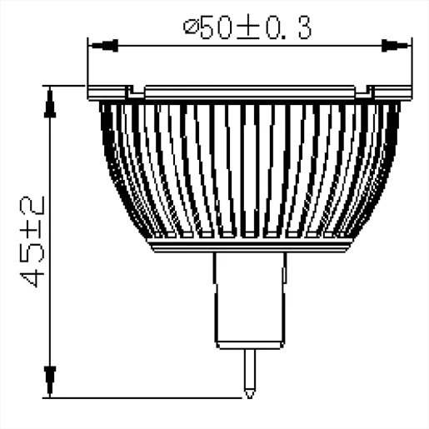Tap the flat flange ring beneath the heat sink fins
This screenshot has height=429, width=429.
250,243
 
